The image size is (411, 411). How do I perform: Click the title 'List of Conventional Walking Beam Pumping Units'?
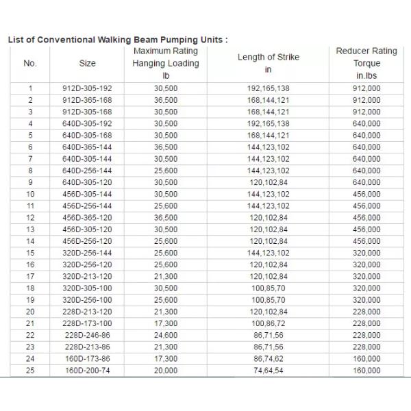[116, 39]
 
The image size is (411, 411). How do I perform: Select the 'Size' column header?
[87, 64]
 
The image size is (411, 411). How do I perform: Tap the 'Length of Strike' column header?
[269, 58]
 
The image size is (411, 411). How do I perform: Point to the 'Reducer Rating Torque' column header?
[366, 63]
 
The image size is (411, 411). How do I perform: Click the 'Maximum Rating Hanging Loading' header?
[166, 64]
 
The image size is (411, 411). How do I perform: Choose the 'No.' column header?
[30, 64]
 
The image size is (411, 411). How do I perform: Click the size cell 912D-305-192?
[87, 88]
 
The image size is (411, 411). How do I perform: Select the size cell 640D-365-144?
[87, 147]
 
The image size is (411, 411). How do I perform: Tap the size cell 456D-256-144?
[87, 206]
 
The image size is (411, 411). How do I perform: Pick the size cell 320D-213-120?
[87, 276]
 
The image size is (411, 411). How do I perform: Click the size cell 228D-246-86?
[87, 335]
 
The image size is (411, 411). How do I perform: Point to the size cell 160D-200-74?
[87, 370]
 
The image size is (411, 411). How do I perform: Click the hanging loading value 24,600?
[166, 335]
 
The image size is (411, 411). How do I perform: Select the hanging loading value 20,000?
[166, 370]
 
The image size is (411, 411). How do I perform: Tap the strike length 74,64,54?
[269, 370]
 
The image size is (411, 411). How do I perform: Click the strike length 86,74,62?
[269, 358]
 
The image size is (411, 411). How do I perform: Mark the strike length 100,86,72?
[269, 323]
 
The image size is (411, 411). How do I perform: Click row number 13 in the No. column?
[30, 229]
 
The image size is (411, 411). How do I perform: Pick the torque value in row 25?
[366, 370]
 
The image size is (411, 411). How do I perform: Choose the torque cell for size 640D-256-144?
[366, 171]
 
